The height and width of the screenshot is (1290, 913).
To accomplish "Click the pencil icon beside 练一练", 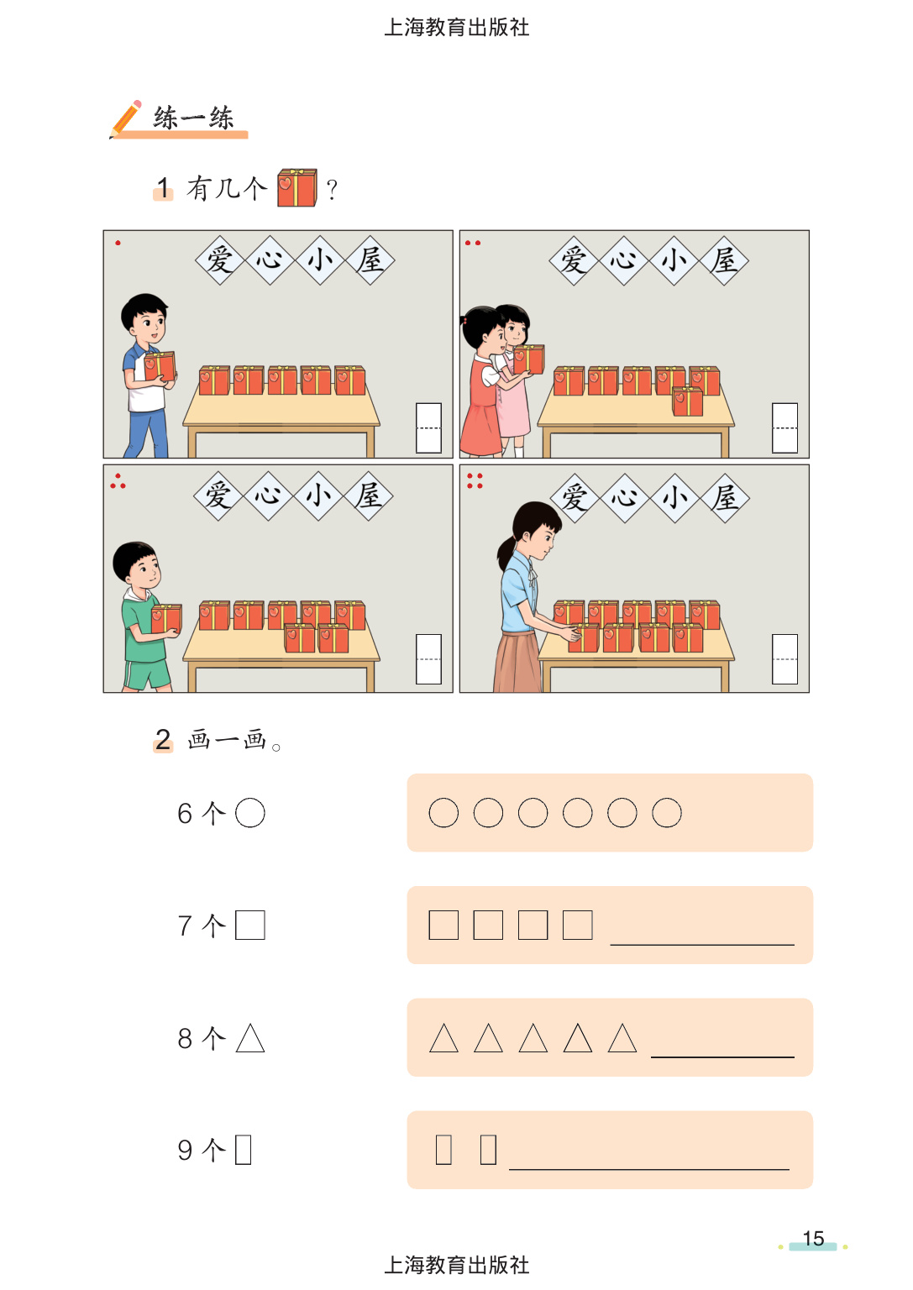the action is pos(126,118).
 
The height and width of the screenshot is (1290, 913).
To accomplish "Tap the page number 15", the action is pos(813,1238).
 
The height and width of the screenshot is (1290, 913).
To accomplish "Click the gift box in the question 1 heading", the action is pos(297,187).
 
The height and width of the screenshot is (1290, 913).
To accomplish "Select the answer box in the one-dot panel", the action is pos(428,427).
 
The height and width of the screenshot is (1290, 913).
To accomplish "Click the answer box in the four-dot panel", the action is pos(784,659).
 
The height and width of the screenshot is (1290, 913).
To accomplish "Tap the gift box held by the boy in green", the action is pos(166,618).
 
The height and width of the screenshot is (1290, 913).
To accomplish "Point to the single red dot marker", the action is pos(118,243).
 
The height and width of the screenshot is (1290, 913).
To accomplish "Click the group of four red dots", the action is pos(475,481).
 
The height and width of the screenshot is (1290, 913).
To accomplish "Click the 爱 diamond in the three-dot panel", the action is pos(218,496).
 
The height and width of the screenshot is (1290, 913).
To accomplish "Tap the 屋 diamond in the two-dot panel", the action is pos(723,261).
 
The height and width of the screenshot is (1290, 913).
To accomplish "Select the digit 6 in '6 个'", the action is pos(184,813).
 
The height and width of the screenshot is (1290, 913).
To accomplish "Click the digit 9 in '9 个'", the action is pos(184,1150).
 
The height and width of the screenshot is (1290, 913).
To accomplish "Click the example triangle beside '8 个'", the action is pos(250,1038).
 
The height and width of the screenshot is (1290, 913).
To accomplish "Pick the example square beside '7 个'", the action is pos(250,925).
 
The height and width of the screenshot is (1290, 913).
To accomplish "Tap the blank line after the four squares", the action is pos(702,945).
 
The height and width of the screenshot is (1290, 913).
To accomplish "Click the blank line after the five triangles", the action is pos(722,1057).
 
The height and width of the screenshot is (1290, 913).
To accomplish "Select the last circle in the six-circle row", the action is pos(666,813).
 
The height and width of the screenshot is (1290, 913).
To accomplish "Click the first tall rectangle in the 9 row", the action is pos(443,1150).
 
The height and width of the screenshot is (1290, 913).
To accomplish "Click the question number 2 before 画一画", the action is pos(163,739).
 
